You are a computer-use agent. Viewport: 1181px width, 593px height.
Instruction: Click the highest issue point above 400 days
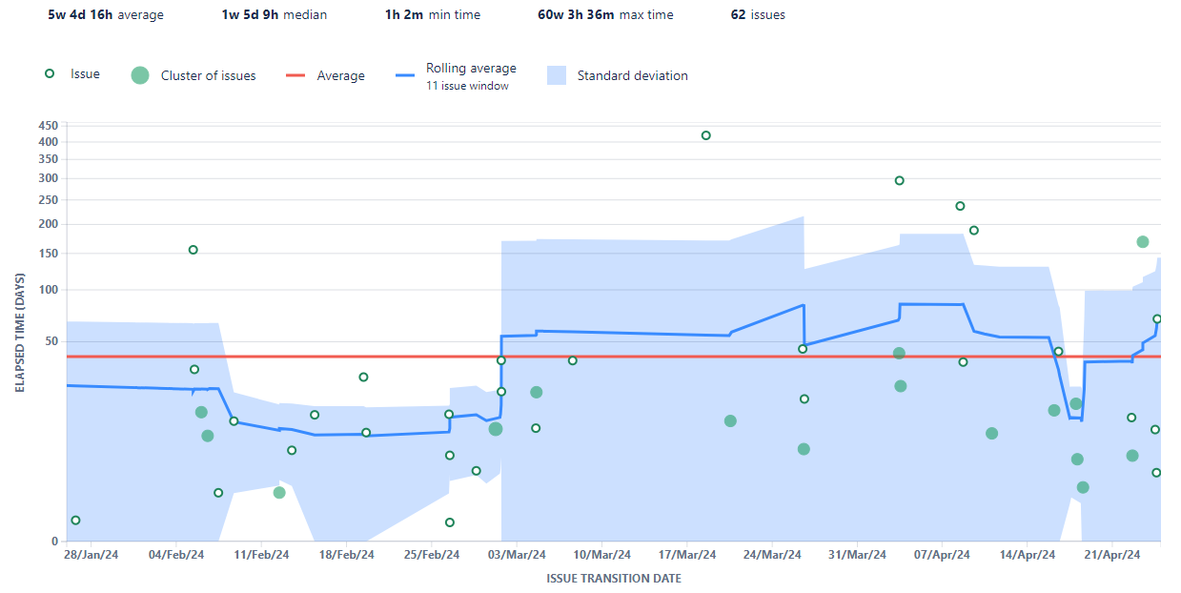[x=706, y=135]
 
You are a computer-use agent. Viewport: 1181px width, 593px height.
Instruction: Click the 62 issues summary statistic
[x=758, y=15]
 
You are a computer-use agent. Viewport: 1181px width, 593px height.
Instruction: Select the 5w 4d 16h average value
[x=105, y=15]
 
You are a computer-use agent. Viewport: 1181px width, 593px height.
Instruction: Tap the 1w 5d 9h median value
[x=274, y=15]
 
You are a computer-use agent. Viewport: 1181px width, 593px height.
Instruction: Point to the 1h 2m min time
[x=432, y=15]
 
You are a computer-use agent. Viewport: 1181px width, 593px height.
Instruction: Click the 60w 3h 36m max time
[x=605, y=15]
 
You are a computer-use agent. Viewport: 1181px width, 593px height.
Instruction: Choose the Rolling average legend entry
[x=471, y=69]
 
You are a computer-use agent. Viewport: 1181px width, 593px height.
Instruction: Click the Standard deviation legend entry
[x=632, y=76]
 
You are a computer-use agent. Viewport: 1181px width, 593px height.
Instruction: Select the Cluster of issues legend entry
[x=208, y=76]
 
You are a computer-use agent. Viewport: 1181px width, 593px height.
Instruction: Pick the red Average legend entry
[x=340, y=76]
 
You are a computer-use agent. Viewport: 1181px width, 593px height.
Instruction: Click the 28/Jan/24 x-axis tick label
[x=92, y=555]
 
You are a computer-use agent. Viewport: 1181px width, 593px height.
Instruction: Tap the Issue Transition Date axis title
[x=613, y=579]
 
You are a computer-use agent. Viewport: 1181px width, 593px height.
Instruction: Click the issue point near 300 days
[x=899, y=180]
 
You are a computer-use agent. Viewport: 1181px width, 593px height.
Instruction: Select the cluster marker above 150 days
[x=1143, y=242]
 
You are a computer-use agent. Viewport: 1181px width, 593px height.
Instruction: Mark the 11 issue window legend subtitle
[x=467, y=86]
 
